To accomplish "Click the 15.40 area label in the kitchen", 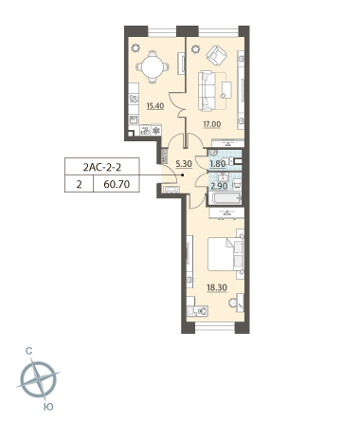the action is tap(155, 106).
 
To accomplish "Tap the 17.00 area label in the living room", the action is tap(212, 124).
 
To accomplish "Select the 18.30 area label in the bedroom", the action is tap(217, 287).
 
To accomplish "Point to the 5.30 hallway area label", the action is tap(184, 164).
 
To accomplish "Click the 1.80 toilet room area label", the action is tap(218, 164).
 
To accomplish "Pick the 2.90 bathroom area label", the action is tap(219, 186).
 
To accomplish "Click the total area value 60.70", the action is tap(117, 184).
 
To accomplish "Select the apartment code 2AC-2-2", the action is tap(102, 167).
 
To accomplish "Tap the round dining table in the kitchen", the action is tap(153, 67).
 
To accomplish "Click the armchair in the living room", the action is tap(217, 56).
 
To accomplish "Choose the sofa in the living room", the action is tap(206, 91).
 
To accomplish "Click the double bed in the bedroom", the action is tap(225, 254).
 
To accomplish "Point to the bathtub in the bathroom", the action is tap(225, 198).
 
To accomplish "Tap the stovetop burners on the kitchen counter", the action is tap(134, 99).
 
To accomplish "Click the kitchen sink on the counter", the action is tap(134, 119).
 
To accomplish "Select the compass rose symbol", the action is tap(38, 379).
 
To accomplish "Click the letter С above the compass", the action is tap(29, 351).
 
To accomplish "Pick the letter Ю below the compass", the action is tap(48, 407).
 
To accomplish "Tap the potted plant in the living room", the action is tap(196, 49).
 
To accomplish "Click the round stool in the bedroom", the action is tap(233, 303).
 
